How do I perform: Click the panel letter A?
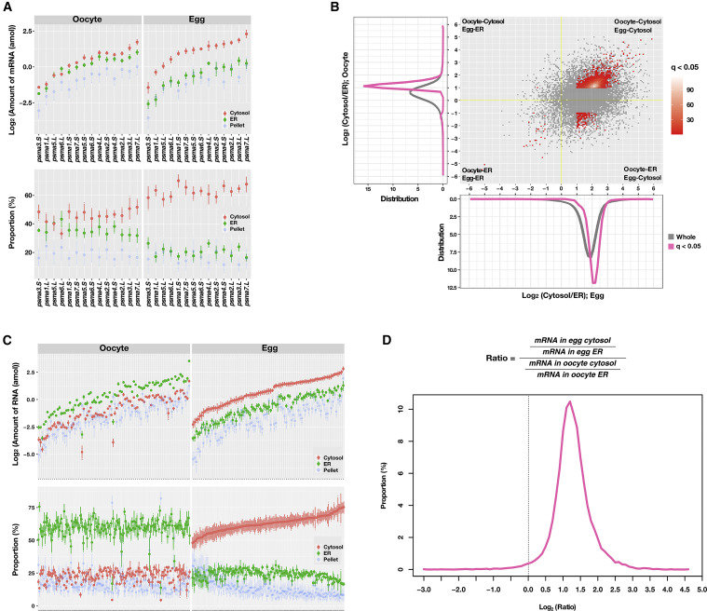click(7, 7)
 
